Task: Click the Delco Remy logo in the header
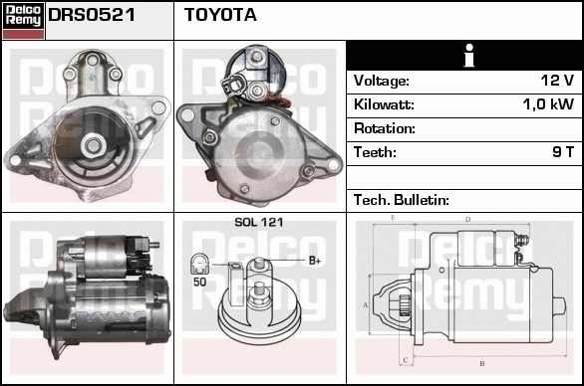pyautogui.click(x=23, y=21)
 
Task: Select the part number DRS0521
pyautogui.click(x=92, y=15)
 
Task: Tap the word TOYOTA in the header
pyautogui.click(x=220, y=15)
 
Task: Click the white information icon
pyautogui.click(x=469, y=56)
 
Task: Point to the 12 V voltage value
pyautogui.click(x=557, y=81)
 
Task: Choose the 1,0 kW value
pyautogui.click(x=548, y=104)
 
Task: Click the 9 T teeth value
pyautogui.click(x=563, y=152)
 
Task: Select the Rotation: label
pyautogui.click(x=385, y=128)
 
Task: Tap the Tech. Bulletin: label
pyautogui.click(x=402, y=200)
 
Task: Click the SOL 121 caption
pyautogui.click(x=259, y=223)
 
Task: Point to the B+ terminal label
pyautogui.click(x=315, y=261)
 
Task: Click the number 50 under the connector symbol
pyautogui.click(x=199, y=282)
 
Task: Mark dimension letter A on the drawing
pyautogui.click(x=366, y=305)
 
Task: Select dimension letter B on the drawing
pyautogui.click(x=482, y=363)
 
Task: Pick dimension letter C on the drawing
pyautogui.click(x=406, y=360)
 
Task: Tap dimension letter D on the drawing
pyautogui.click(x=468, y=220)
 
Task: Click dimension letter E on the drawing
pyautogui.click(x=393, y=218)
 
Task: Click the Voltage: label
pyautogui.click(x=382, y=81)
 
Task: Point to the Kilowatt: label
pyautogui.click(x=384, y=104)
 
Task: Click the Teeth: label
pyautogui.click(x=375, y=152)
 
